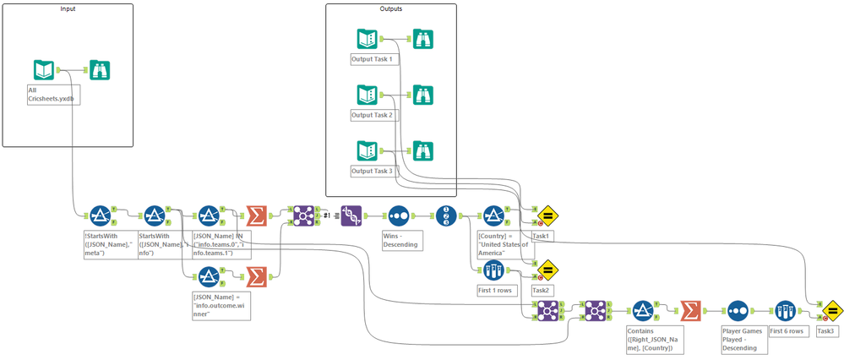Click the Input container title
pyautogui.click(x=68, y=8)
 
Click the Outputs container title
pyautogui.click(x=391, y=8)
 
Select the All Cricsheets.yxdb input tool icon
pyautogui.click(x=45, y=70)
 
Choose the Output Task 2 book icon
pyautogui.click(x=367, y=95)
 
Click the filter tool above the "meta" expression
pyautogui.click(x=99, y=215)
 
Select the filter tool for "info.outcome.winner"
pyautogui.click(x=208, y=275)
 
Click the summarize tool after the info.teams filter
pyautogui.click(x=254, y=215)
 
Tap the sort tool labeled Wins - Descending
pyautogui.click(x=398, y=215)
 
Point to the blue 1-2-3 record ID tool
pyautogui.click(x=447, y=215)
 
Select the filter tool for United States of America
pyautogui.click(x=493, y=215)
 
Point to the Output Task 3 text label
pyautogui.click(x=372, y=172)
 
